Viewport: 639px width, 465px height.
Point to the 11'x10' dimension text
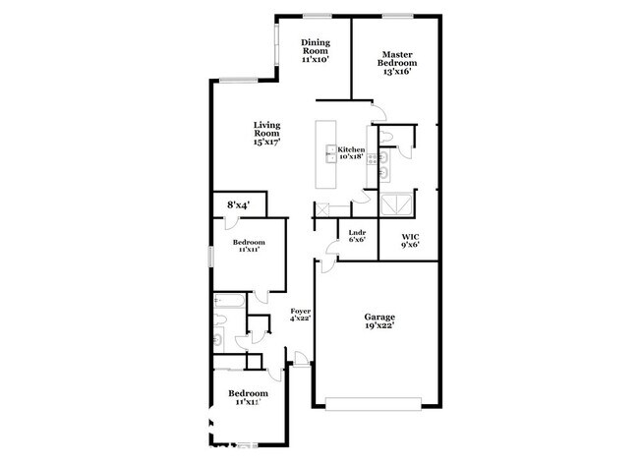(315, 60)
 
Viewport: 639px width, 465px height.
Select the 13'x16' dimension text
(397, 73)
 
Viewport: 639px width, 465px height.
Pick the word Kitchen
(351, 149)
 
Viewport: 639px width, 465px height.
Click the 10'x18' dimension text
(351, 157)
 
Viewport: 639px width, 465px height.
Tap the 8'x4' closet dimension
(238, 204)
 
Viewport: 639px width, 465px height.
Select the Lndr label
(358, 232)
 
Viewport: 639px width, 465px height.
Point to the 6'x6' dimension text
(358, 240)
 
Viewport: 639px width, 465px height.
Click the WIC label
(410, 237)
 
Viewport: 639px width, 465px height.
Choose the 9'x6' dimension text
(410, 246)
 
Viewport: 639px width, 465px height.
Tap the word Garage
(379, 317)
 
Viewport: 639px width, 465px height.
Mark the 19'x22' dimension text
(379, 329)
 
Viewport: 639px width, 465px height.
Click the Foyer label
(300, 311)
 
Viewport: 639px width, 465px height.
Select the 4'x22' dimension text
(300, 319)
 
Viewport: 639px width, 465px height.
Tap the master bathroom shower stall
(397, 204)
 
